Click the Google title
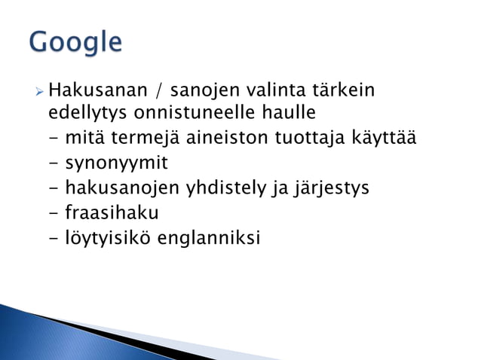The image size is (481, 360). point(75,41)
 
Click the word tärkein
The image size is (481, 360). point(339,92)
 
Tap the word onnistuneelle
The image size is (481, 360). point(187,114)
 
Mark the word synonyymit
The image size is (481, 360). point(116,163)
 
